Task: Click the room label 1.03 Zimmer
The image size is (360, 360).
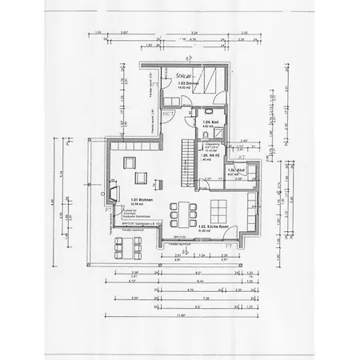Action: pos(187,82)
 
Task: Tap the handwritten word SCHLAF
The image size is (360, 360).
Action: pos(182,75)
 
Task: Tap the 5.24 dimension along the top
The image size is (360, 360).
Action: pos(194,34)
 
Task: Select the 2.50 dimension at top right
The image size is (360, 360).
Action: pos(245,34)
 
